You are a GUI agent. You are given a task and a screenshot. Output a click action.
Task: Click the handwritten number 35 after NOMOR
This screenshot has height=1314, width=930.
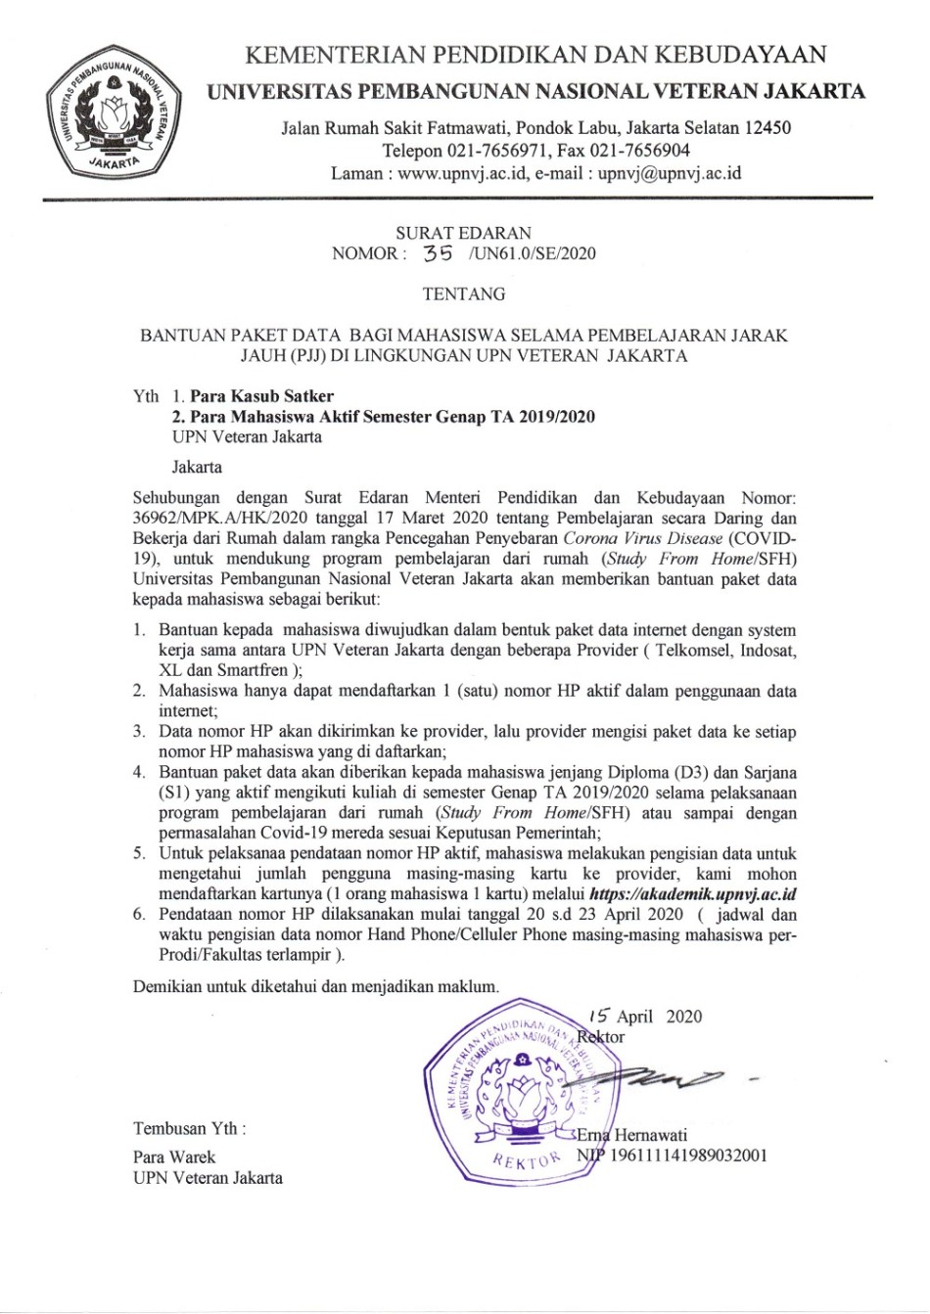pyautogui.click(x=437, y=253)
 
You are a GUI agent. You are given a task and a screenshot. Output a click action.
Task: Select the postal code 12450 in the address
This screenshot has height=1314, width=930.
pyautogui.click(x=767, y=127)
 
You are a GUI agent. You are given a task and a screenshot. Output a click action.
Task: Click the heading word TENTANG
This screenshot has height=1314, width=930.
pyautogui.click(x=464, y=294)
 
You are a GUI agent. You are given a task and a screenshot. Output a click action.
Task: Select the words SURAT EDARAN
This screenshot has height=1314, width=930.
pyautogui.click(x=463, y=233)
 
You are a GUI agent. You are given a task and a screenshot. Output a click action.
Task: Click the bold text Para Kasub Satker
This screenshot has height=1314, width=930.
pyautogui.click(x=261, y=396)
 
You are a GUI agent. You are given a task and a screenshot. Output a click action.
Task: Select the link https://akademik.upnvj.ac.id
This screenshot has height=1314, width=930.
pyautogui.click(x=693, y=894)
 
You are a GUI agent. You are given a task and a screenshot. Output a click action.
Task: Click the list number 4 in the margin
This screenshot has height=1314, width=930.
pyautogui.click(x=140, y=772)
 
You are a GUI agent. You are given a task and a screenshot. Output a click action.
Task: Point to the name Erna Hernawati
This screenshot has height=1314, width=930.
pyautogui.click(x=632, y=1135)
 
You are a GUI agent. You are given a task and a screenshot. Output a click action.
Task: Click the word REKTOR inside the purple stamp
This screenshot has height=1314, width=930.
pyautogui.click(x=527, y=1160)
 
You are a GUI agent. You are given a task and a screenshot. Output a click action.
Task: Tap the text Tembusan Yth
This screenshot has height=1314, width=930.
pyautogui.click(x=189, y=1128)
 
